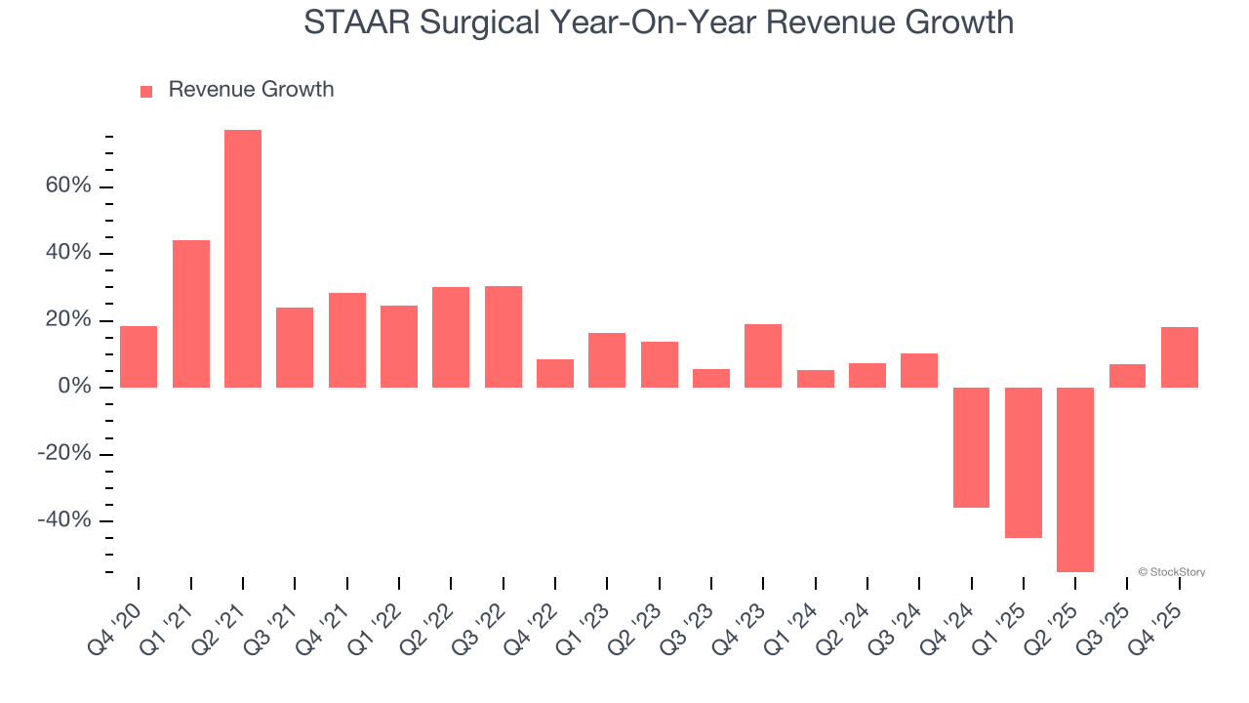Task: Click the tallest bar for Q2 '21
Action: (243, 259)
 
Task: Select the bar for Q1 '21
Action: (191, 313)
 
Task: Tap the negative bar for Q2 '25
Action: (1075, 479)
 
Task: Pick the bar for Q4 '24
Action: (972, 447)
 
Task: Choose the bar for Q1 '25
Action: (1024, 463)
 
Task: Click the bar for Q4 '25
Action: (1180, 357)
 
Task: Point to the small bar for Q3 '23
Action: (711, 378)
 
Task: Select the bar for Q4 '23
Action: (763, 355)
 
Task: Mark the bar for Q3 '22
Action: (504, 337)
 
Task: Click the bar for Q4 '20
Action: (139, 356)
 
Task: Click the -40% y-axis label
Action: (64, 520)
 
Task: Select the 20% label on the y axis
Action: (68, 320)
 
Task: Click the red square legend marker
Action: (146, 92)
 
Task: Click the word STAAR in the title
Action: (357, 21)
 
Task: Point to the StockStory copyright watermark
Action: (1171, 572)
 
